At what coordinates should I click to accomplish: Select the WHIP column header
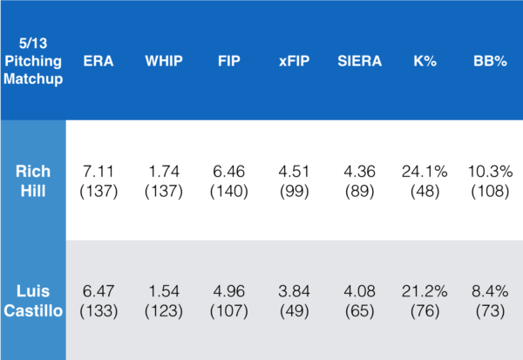164,62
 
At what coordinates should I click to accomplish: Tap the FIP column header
230,62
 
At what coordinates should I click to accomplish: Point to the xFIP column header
291,62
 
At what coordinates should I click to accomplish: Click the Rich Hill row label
33,180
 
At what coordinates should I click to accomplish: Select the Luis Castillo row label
33,301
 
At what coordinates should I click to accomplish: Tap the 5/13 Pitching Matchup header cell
33,62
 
